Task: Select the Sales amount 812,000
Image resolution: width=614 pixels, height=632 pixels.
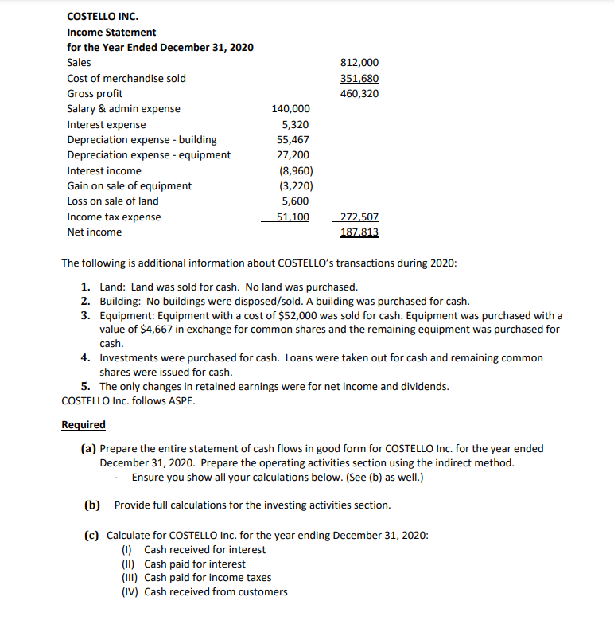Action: (x=359, y=63)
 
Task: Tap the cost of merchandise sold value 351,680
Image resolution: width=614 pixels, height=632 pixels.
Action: (x=359, y=78)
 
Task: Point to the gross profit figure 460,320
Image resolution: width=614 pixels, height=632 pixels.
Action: (x=359, y=94)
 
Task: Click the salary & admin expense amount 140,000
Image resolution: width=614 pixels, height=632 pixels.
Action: (x=291, y=109)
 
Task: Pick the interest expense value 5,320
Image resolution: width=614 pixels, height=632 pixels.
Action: (x=296, y=125)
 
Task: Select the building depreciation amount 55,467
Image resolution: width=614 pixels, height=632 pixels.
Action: (x=293, y=140)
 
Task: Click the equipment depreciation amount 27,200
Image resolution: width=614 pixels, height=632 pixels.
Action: (x=293, y=155)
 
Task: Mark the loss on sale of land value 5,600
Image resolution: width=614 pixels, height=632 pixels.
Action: (x=296, y=201)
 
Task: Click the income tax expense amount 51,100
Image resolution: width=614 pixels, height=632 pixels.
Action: (x=293, y=217)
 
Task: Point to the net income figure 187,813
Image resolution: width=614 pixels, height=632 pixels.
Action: (x=359, y=232)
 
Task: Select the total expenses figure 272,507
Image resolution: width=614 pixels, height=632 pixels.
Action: (x=359, y=217)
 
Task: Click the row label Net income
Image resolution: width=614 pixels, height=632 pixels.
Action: (x=95, y=232)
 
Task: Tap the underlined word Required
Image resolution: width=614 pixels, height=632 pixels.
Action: (x=84, y=424)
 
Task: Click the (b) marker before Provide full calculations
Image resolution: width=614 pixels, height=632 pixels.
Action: (x=93, y=505)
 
